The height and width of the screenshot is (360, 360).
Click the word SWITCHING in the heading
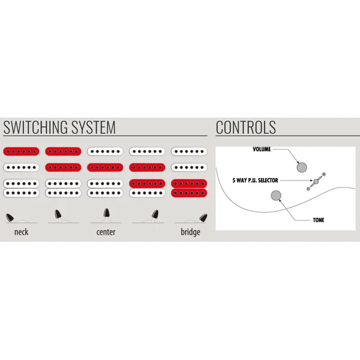click(36, 127)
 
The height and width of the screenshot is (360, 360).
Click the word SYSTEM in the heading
click(94, 127)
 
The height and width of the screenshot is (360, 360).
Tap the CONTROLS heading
click(246, 127)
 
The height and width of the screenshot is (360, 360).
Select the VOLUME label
click(262, 149)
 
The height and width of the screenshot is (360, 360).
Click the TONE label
click(319, 220)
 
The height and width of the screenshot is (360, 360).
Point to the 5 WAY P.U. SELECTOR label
click(255, 180)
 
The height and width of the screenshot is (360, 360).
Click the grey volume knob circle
click(302, 167)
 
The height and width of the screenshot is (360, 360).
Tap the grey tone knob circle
click(276, 196)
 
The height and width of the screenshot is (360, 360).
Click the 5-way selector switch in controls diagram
click(316, 181)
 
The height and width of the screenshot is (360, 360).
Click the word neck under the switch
click(22, 232)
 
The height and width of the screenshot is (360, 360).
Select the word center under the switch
click(106, 232)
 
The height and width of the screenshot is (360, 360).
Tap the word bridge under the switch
click(190, 232)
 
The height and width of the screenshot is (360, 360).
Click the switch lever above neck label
click(10, 217)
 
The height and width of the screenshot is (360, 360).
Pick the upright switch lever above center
click(106, 213)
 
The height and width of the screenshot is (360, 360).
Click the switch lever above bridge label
click(203, 217)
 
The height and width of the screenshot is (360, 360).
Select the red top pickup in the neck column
click(21, 151)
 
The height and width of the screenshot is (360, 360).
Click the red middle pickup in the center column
click(105, 167)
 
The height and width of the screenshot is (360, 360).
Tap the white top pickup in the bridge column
click(189, 151)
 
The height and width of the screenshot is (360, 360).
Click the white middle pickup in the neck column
click(21, 167)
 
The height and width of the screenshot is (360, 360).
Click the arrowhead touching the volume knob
click(298, 162)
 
